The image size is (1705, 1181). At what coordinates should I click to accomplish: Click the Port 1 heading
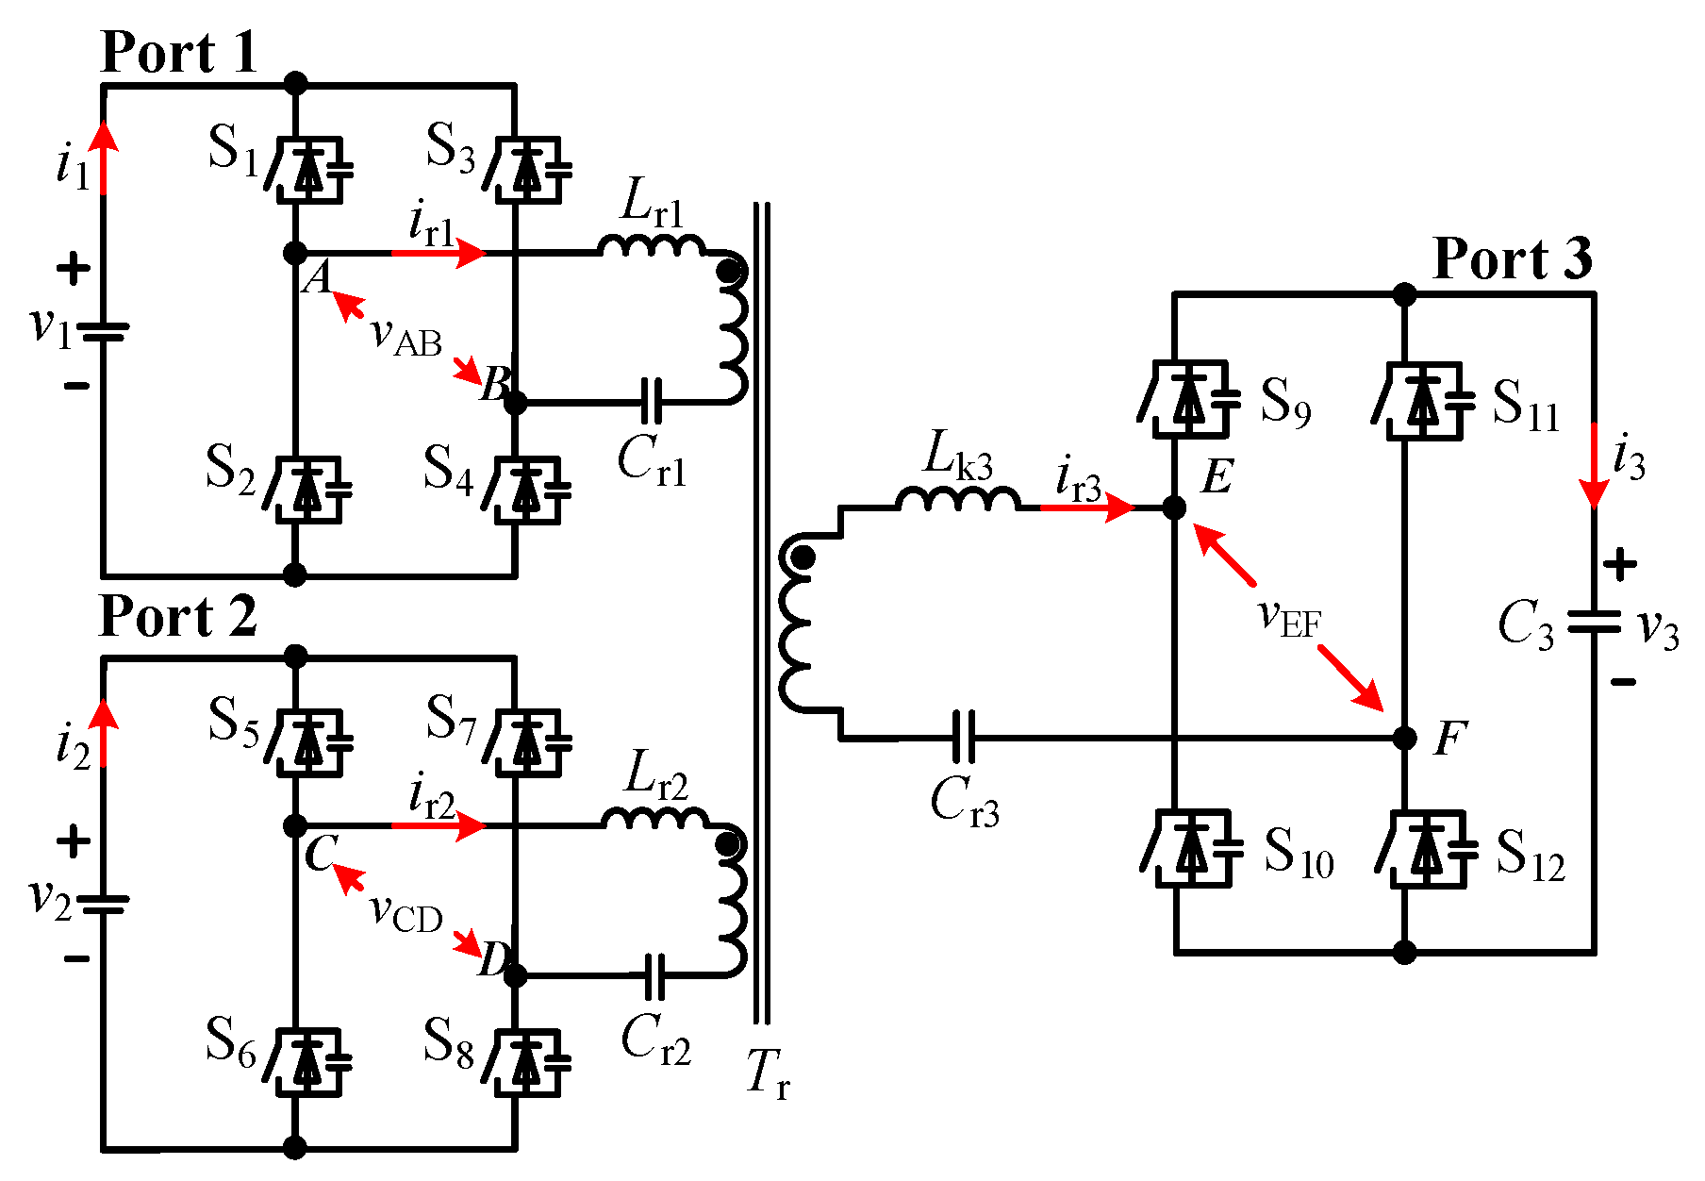(178, 52)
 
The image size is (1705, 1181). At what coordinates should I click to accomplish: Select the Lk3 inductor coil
(957, 500)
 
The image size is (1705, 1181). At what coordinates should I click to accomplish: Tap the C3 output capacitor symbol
(1594, 623)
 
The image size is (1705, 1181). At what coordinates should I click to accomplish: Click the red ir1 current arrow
(439, 253)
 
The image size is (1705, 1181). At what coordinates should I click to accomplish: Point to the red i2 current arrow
(104, 733)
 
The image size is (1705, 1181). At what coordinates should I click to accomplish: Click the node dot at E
(1174, 508)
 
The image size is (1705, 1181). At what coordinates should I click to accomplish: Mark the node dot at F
(1405, 737)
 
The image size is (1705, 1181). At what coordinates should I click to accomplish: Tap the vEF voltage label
(1290, 619)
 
